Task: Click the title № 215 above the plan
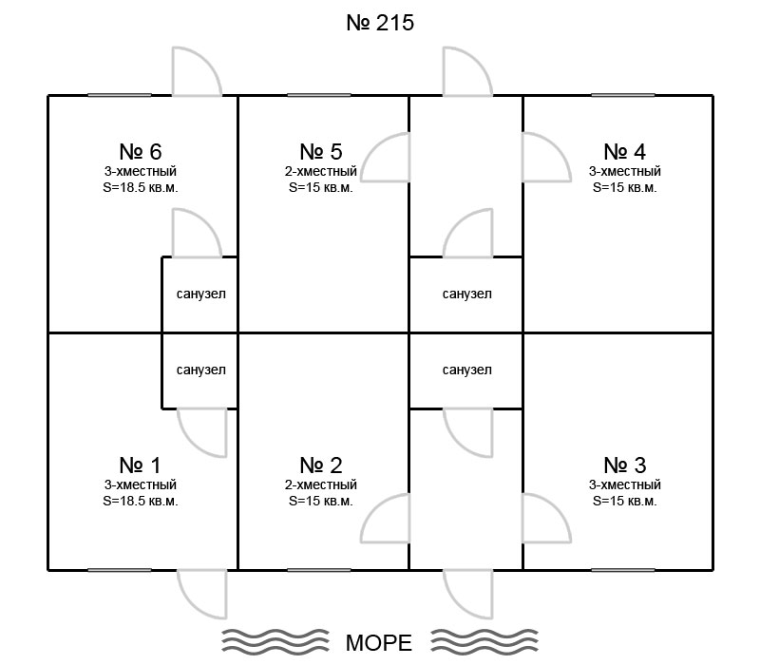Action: pyautogui.click(x=380, y=23)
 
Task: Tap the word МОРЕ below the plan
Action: pyautogui.click(x=378, y=643)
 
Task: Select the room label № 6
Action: pyautogui.click(x=141, y=152)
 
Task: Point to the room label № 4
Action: pyautogui.click(x=625, y=152)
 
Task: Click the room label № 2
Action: pyautogui.click(x=321, y=465)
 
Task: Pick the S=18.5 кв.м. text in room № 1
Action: pyautogui.click(x=141, y=502)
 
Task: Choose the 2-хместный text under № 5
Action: pyautogui.click(x=321, y=171)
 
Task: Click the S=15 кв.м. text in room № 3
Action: pyautogui.click(x=625, y=502)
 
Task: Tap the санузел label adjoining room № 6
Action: pyautogui.click(x=201, y=294)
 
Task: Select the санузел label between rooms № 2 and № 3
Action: pyautogui.click(x=466, y=370)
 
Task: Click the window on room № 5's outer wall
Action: pyautogui.click(x=319, y=95)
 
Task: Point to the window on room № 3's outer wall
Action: pyautogui.click(x=623, y=570)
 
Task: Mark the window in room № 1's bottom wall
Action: pyautogui.click(x=120, y=570)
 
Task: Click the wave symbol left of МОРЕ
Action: pyautogui.click(x=275, y=641)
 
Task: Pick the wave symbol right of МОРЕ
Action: pyautogui.click(x=484, y=641)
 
